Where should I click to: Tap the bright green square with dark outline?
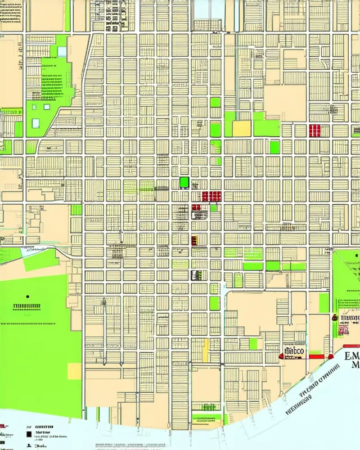click(x=184, y=182)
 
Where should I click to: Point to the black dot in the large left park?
click(x=27, y=296)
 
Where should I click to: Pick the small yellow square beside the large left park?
click(x=74, y=371)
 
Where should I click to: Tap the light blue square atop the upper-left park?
click(x=62, y=51)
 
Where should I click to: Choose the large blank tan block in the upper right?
click(x=285, y=101)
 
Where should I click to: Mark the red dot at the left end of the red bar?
click(x=280, y=356)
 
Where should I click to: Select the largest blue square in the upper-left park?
click(x=37, y=123)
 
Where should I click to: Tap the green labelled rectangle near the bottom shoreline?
click(x=206, y=418)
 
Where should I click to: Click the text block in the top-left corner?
click(x=11, y=14)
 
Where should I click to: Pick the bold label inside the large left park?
click(x=26, y=307)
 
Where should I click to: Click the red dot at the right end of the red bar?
click(x=331, y=356)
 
